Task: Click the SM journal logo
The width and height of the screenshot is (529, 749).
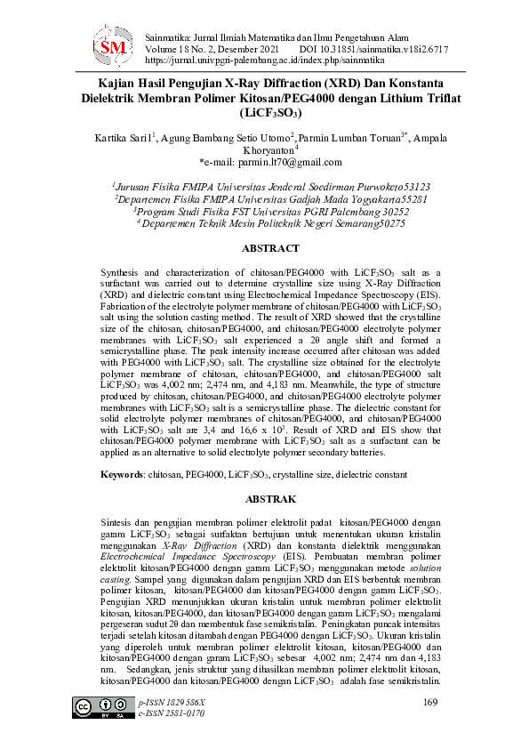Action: (114, 44)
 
